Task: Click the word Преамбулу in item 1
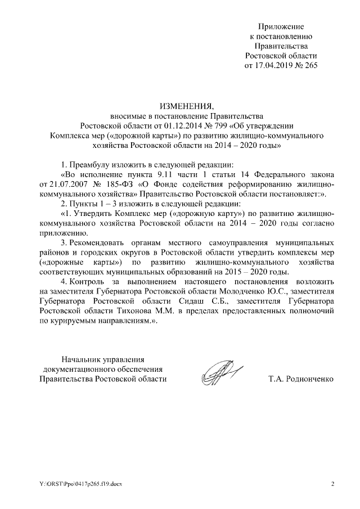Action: point(89,164)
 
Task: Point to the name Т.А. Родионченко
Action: point(301,379)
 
